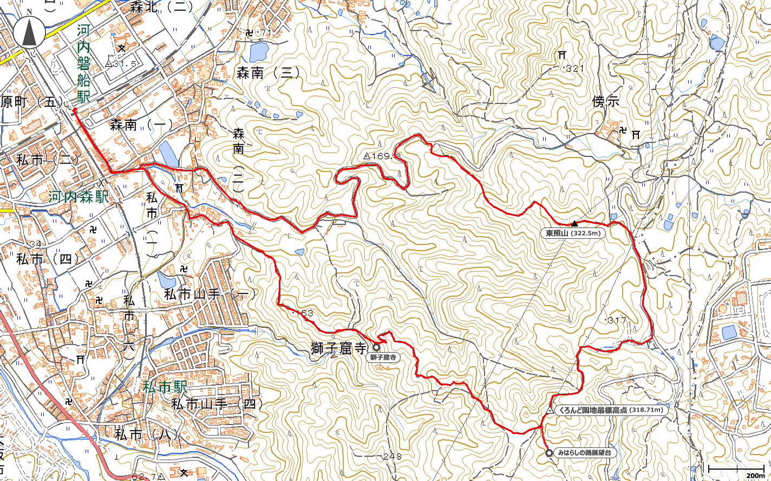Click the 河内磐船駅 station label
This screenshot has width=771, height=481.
(x=83, y=64)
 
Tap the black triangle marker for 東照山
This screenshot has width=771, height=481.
(x=574, y=223)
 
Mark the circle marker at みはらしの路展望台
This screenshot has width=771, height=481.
(x=548, y=453)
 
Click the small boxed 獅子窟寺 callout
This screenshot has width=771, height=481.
(x=384, y=357)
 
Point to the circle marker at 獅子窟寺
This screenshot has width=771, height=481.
(x=376, y=347)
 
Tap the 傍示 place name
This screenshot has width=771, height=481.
(x=605, y=102)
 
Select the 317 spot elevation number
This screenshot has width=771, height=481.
(x=616, y=321)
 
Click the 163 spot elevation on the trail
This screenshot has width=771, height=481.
(x=304, y=313)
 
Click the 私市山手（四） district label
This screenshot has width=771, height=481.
(x=217, y=404)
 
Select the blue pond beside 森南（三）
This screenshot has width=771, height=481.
(x=259, y=52)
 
